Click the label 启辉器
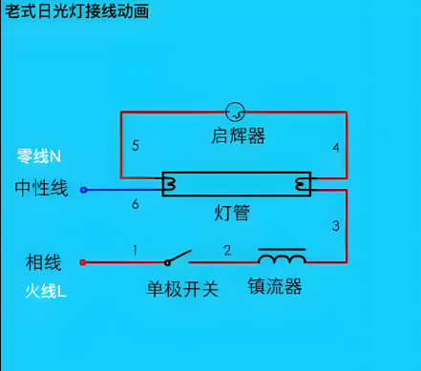click(238, 136)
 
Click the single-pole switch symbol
click(177, 258)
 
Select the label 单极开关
click(182, 288)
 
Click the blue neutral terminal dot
click(83, 190)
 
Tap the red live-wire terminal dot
click(83, 261)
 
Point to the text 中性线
click(41, 188)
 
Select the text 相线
click(43, 261)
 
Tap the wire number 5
click(136, 146)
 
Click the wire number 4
click(335, 148)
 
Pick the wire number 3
click(335, 226)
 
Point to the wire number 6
click(135, 205)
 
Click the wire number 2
click(227, 251)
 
